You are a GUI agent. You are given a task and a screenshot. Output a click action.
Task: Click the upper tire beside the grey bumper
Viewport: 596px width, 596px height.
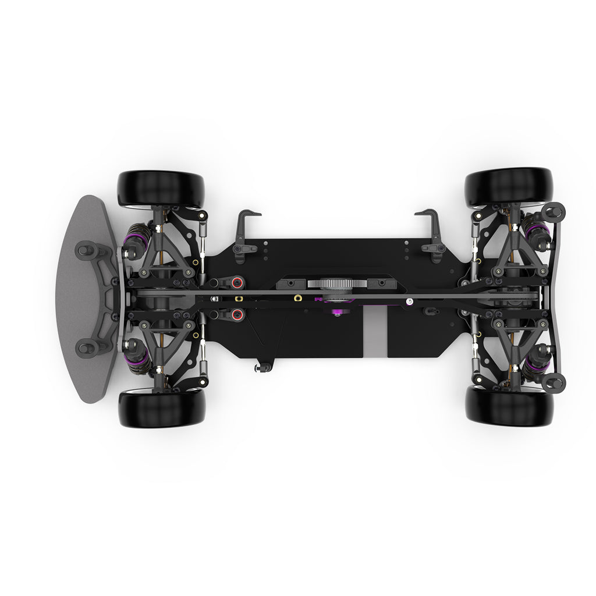click(161, 189)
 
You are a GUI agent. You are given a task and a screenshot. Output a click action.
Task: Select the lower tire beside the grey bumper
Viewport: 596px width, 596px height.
click(162, 409)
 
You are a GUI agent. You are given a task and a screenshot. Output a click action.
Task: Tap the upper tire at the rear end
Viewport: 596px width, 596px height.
click(508, 186)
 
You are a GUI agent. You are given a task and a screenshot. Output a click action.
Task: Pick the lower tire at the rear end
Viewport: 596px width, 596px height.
click(509, 406)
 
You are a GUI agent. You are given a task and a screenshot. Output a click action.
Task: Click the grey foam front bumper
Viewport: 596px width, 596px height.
click(81, 299)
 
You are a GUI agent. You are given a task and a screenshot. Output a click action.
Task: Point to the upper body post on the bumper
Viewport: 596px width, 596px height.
click(86, 250)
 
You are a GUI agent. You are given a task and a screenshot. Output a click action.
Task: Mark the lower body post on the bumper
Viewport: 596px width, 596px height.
click(86, 348)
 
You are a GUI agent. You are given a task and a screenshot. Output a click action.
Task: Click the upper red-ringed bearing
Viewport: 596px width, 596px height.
click(237, 283)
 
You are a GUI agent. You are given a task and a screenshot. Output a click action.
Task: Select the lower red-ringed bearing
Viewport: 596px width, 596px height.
click(237, 315)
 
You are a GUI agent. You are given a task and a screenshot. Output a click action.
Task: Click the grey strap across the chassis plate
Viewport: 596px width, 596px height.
click(375, 332)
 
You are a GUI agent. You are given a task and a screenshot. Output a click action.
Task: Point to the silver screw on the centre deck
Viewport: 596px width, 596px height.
click(410, 301)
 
